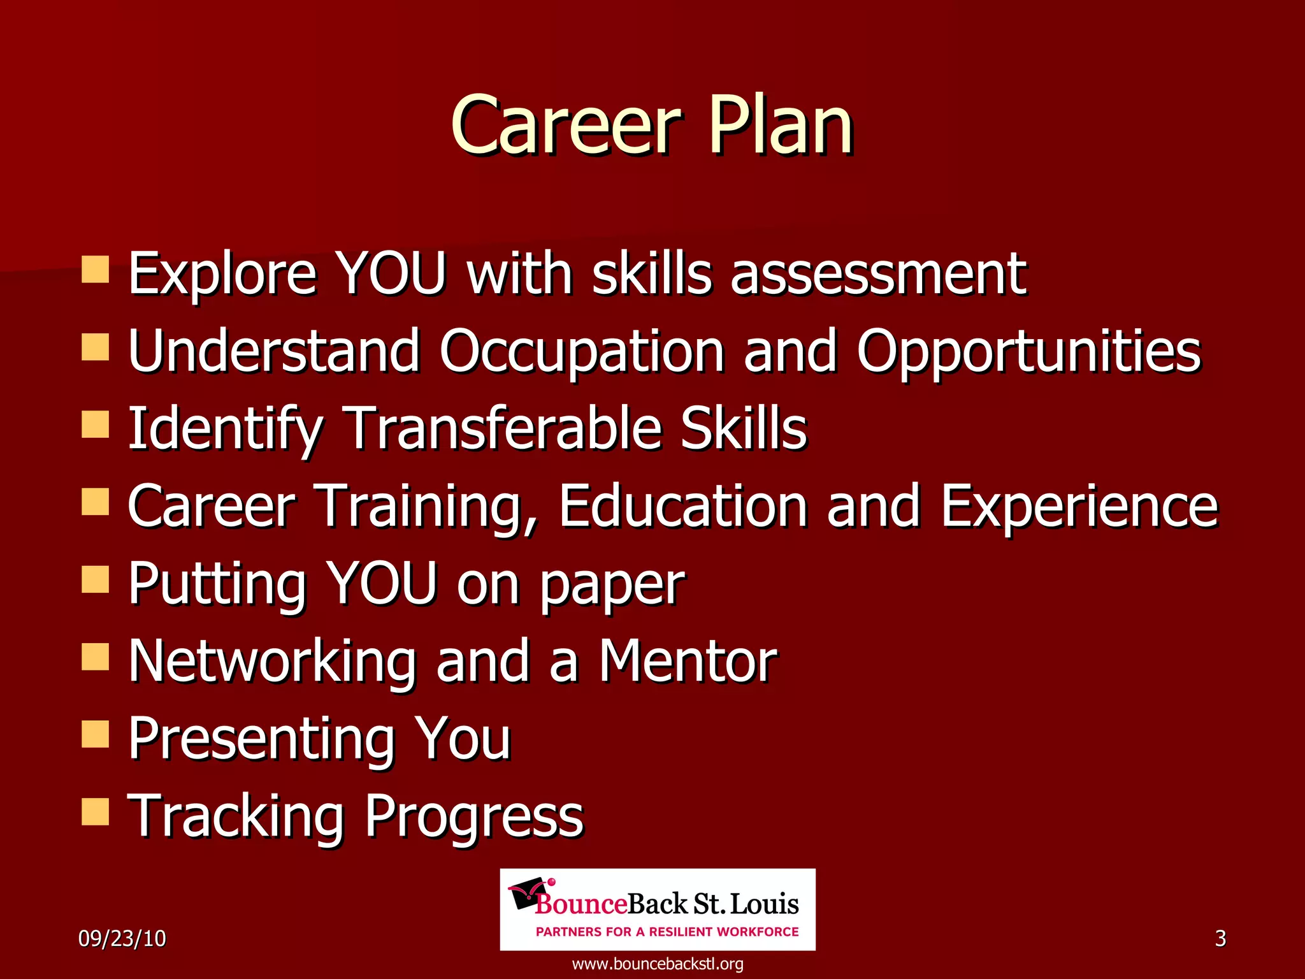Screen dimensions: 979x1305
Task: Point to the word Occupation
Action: click(x=581, y=352)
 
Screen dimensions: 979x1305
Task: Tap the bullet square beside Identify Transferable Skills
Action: click(x=96, y=424)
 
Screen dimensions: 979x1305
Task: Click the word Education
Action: click(x=684, y=506)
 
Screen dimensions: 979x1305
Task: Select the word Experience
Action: click(x=1079, y=507)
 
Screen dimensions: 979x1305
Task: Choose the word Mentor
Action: click(x=688, y=661)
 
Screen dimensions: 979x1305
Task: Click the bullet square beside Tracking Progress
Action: click(x=96, y=812)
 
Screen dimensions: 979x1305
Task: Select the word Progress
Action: click(x=473, y=818)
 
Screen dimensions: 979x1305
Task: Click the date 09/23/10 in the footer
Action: click(x=122, y=939)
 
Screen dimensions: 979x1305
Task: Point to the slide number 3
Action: click(x=1220, y=939)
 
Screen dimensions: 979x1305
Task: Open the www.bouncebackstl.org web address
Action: click(x=658, y=964)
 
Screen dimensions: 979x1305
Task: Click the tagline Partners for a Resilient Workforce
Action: click(x=667, y=932)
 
